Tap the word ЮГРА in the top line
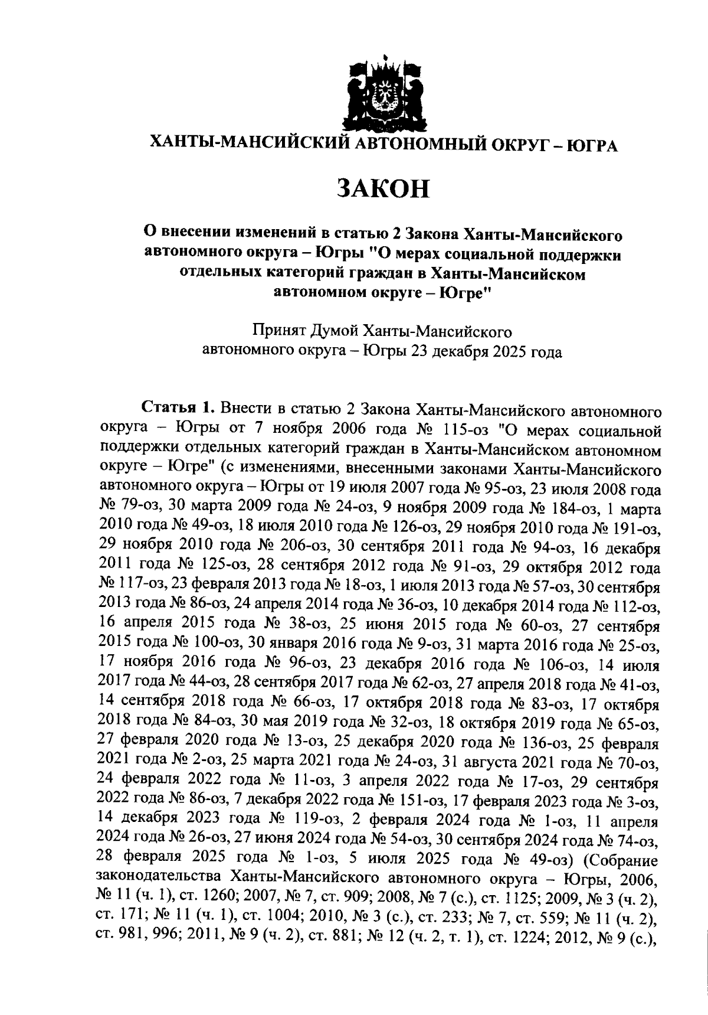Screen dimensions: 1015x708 592,145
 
